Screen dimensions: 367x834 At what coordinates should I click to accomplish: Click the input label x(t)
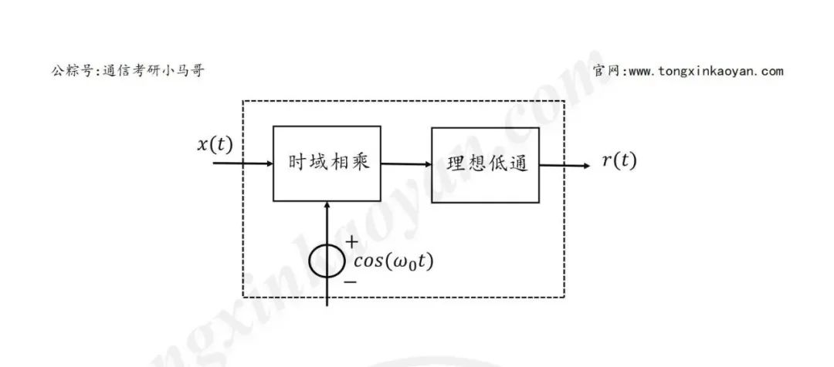click(x=215, y=144)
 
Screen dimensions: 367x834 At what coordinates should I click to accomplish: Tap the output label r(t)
click(x=619, y=161)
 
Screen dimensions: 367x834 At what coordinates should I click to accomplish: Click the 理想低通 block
click(x=486, y=164)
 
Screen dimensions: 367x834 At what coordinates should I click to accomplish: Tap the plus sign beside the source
click(x=352, y=241)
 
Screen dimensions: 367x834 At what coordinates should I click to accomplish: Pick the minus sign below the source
click(x=350, y=282)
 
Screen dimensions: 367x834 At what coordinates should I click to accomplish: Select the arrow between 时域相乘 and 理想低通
click(x=406, y=163)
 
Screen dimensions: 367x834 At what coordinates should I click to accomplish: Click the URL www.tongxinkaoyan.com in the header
click(x=706, y=72)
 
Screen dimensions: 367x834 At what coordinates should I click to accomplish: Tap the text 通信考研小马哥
click(x=154, y=71)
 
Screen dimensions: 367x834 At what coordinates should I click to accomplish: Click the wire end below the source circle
click(x=328, y=304)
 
